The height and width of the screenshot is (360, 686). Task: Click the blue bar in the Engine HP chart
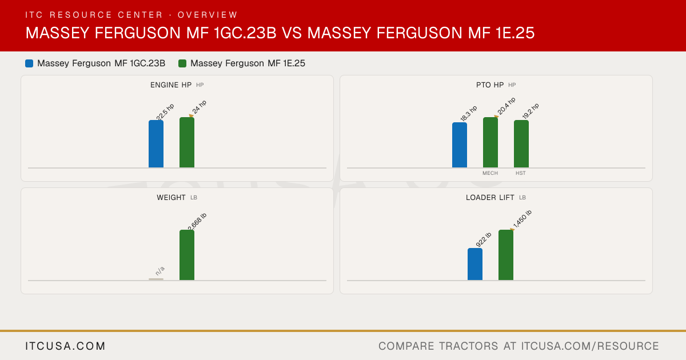[156, 144]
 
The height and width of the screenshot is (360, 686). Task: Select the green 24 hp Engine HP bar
[187, 142]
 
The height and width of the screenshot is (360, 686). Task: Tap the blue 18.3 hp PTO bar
[460, 145]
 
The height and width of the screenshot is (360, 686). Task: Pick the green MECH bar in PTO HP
[490, 142]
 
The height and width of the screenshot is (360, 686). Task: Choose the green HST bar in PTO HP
[521, 144]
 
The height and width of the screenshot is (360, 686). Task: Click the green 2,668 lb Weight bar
[187, 255]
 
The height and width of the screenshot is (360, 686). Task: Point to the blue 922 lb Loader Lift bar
[475, 264]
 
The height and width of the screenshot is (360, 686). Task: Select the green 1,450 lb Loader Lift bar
[506, 255]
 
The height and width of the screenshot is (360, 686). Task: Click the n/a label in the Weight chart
[160, 271]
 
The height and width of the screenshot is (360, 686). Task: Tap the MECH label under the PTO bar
[490, 173]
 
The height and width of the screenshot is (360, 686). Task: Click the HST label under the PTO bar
[521, 173]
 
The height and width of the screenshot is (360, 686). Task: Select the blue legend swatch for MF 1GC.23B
[29, 63]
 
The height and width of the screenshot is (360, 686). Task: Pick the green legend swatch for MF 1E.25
[182, 63]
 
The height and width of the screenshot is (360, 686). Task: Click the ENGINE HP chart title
[171, 85]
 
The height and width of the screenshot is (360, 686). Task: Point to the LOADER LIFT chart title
[490, 198]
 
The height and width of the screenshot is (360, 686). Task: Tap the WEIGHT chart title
[171, 198]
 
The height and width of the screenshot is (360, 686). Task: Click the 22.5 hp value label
[165, 112]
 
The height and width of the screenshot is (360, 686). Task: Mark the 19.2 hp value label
[531, 111]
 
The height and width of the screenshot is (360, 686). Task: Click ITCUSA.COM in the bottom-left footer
[65, 346]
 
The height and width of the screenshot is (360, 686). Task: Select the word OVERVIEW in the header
[208, 15]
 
